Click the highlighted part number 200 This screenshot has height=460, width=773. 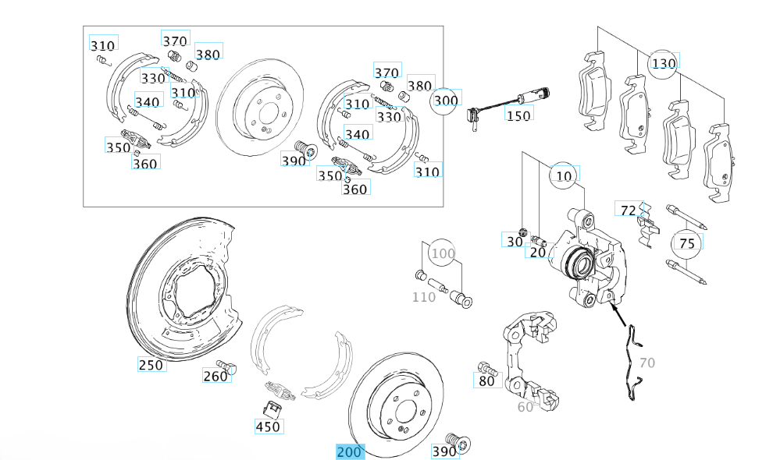coord(350,452)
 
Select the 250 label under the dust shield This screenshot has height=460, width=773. coord(151,365)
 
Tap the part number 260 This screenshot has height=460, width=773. coord(216,377)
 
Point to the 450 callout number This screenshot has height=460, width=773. coord(268,426)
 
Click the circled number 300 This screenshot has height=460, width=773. coord(445,100)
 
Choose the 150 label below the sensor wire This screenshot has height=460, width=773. coord(518,115)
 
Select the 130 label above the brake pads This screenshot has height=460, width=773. coord(663,63)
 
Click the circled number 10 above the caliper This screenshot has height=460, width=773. coord(564,177)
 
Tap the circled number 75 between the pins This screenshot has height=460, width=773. coord(686,243)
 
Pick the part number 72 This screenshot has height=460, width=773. coord(626,209)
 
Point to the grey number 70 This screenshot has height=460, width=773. coord(647,363)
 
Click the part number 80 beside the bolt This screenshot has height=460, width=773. coord(486,381)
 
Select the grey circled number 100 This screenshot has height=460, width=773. coord(443,253)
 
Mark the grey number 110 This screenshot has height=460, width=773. coord(424,297)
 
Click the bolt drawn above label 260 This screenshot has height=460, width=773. coord(226,363)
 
